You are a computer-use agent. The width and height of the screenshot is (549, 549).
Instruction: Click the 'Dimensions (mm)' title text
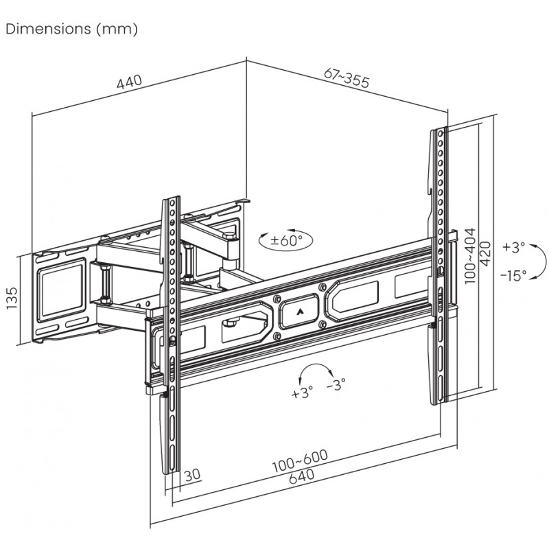(71, 30)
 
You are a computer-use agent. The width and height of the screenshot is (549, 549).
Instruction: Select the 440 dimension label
(129, 82)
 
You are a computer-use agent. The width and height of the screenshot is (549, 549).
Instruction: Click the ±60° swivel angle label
(285, 241)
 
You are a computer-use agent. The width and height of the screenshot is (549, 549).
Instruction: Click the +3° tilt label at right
(513, 246)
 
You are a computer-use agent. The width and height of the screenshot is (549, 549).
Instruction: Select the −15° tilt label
(513, 275)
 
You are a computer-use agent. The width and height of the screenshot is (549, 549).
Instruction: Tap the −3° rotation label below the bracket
(336, 385)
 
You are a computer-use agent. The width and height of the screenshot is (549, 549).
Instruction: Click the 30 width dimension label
(193, 474)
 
